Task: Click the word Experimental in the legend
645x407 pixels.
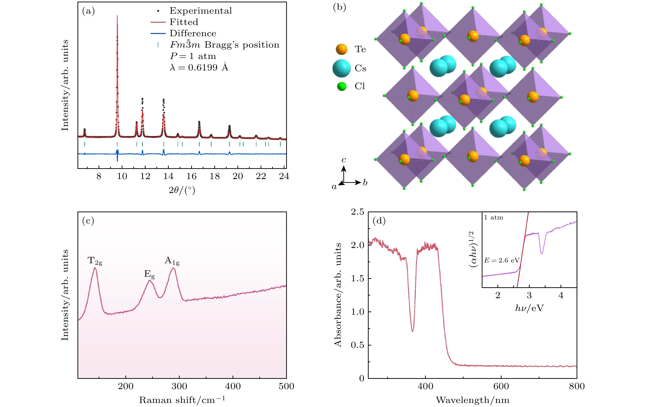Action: pos(201,11)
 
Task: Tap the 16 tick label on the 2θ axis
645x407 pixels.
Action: pos(191,176)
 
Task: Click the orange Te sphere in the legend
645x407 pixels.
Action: pos(341,49)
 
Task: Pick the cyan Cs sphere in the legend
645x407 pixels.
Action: pos(341,68)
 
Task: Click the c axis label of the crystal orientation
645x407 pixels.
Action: pos(344,160)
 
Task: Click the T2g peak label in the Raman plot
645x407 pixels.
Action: pos(95,261)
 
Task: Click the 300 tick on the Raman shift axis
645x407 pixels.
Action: pos(179,386)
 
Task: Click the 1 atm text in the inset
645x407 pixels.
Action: pos(494,218)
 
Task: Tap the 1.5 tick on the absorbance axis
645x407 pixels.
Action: pos(358,278)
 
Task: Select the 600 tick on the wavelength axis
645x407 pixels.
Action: pos(501,386)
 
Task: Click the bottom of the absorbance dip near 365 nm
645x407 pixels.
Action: pos(412,331)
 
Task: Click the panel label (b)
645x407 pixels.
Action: pos(339,7)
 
